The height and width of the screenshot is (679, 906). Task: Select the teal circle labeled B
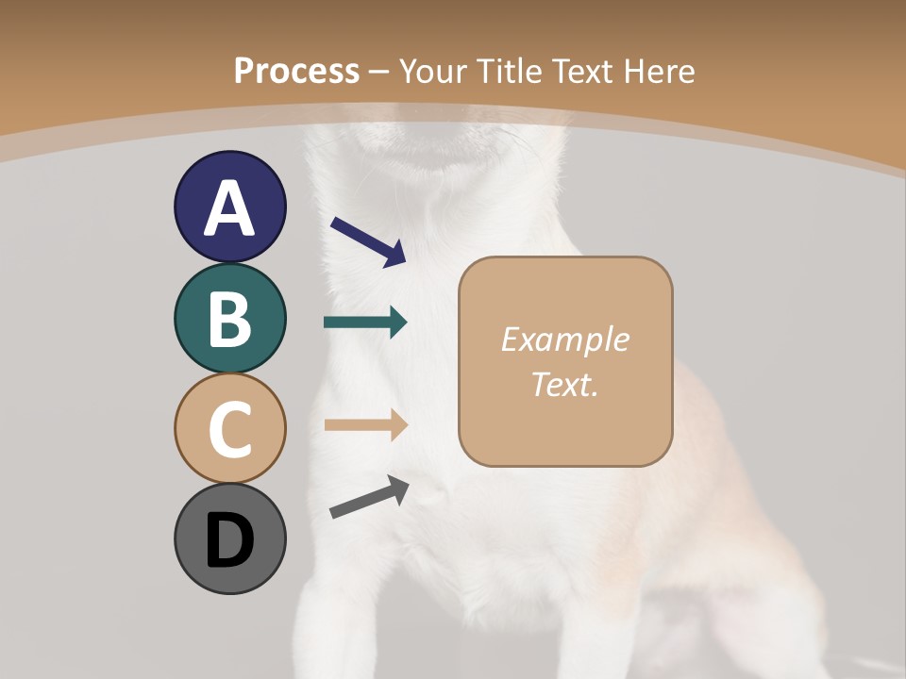[229, 318]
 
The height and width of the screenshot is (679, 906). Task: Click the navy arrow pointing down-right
[368, 241]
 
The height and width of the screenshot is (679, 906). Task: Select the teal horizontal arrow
[365, 323]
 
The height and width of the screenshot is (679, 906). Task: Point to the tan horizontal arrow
[365, 425]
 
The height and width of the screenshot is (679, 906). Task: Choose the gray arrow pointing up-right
[369, 497]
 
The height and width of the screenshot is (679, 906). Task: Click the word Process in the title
[296, 71]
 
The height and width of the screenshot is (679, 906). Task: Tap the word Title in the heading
[508, 71]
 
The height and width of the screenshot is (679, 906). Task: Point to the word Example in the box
[565, 339]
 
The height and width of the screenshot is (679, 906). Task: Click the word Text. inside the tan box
[565, 384]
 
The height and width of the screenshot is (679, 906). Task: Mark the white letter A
[229, 208]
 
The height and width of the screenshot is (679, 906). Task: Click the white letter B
[229, 319]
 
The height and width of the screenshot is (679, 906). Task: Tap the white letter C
[229, 430]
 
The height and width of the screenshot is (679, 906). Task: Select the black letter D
[229, 540]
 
